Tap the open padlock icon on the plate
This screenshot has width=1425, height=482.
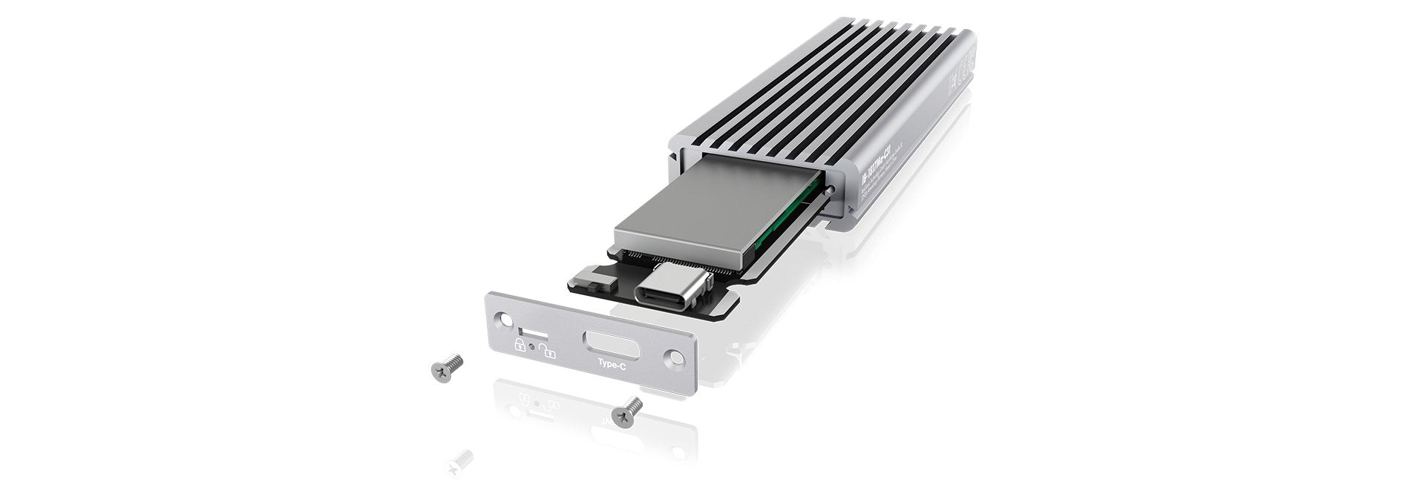click(548, 349)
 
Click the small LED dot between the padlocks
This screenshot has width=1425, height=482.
click(533, 346)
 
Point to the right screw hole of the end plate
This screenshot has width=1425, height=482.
click(675, 357)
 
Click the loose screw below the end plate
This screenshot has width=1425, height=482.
click(628, 409)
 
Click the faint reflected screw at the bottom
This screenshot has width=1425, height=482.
click(459, 460)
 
